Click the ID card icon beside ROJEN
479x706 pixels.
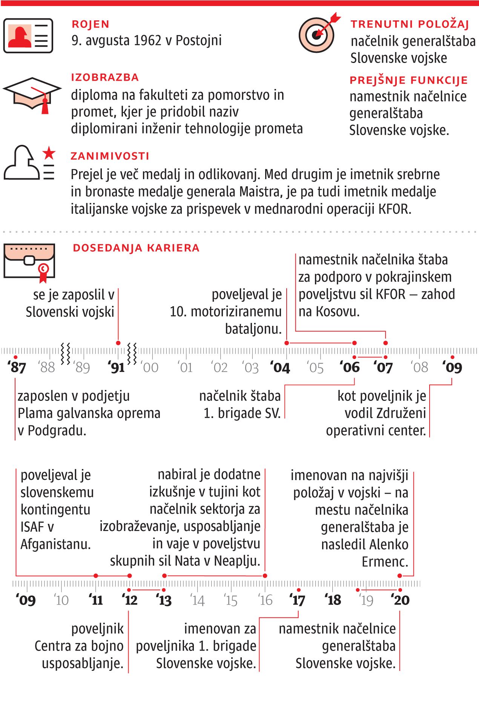pos(28,36)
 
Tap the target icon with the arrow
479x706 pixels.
pos(316,35)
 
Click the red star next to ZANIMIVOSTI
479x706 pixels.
pos(49,153)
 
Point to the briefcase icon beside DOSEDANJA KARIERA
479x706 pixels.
pos(29,261)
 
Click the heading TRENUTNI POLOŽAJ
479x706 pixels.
pos(410,24)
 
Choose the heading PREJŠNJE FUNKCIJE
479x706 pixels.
pos(408,80)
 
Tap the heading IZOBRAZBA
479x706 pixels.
pos(105,77)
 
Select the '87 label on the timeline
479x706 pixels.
pos(17,367)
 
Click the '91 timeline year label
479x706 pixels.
pos(116,367)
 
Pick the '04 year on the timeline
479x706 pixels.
pos(280,367)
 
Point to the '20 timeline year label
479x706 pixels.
pos(400,600)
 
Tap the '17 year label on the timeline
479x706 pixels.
pos(297,600)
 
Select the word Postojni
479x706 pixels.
pos(199,40)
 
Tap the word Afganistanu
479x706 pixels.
pos(56,544)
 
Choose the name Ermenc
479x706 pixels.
pos(385,562)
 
